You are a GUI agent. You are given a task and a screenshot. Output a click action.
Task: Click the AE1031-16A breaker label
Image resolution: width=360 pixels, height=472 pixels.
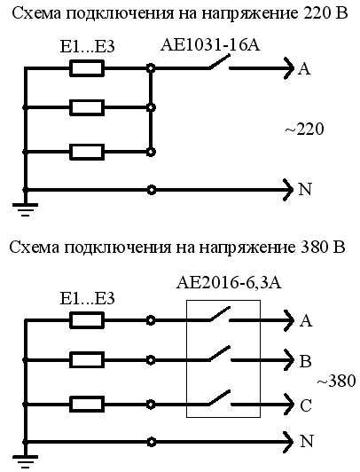click(210, 45)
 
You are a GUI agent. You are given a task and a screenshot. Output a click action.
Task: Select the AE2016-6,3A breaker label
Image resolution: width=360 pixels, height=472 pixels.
click(229, 283)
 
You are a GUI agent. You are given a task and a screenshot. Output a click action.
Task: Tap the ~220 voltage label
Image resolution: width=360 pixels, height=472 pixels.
click(304, 130)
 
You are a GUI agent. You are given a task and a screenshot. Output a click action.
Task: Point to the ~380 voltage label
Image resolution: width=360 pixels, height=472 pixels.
click(337, 381)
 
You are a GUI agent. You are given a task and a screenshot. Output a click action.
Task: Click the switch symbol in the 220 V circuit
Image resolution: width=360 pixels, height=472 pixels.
click(219, 63)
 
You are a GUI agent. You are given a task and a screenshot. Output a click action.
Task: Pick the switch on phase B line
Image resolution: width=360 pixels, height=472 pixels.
click(219, 353)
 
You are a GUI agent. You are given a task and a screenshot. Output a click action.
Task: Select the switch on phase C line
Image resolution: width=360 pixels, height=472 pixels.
click(219, 397)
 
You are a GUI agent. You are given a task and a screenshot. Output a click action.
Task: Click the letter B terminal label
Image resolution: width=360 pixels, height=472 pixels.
click(305, 361)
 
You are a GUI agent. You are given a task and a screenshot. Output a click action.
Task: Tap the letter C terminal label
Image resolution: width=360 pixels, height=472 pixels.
click(306, 405)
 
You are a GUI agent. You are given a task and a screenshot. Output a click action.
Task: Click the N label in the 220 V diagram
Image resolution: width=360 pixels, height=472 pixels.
click(305, 189)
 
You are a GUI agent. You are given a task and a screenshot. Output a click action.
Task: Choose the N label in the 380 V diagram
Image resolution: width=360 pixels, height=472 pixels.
click(307, 441)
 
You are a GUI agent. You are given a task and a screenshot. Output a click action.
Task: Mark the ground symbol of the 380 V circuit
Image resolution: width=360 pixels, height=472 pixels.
click(25, 461)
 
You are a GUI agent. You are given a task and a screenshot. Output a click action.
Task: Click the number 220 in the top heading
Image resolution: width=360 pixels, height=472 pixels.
click(311, 13)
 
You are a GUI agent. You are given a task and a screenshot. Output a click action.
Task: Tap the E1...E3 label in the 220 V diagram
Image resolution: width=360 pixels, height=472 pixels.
click(87, 47)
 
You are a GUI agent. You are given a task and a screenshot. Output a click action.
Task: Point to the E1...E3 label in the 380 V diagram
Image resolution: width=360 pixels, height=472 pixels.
click(87, 298)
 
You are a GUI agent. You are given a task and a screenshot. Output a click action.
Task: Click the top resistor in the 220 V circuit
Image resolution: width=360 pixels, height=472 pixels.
click(87, 68)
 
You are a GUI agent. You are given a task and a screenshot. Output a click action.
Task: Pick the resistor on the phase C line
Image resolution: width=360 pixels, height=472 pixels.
click(87, 404)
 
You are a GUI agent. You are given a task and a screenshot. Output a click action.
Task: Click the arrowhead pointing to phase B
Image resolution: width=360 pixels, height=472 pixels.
click(288, 360)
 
